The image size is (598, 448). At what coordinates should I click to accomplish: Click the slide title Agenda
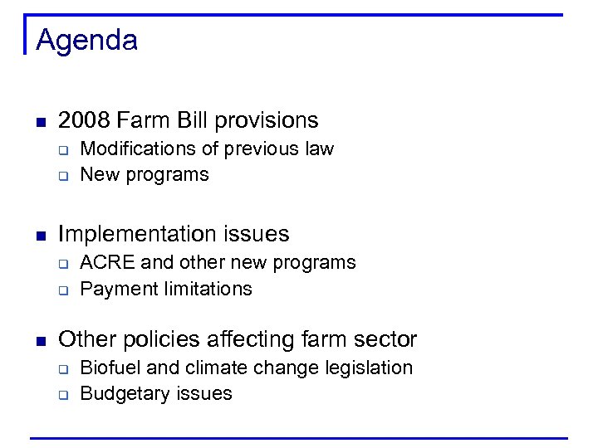click(x=86, y=40)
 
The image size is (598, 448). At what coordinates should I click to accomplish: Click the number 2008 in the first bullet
click(x=84, y=120)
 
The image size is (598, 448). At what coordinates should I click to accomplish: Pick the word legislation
click(x=370, y=368)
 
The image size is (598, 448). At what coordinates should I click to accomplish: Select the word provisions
click(x=267, y=120)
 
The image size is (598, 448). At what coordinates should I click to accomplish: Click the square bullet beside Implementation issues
click(x=40, y=236)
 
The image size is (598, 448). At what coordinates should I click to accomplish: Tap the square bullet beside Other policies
click(x=40, y=341)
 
